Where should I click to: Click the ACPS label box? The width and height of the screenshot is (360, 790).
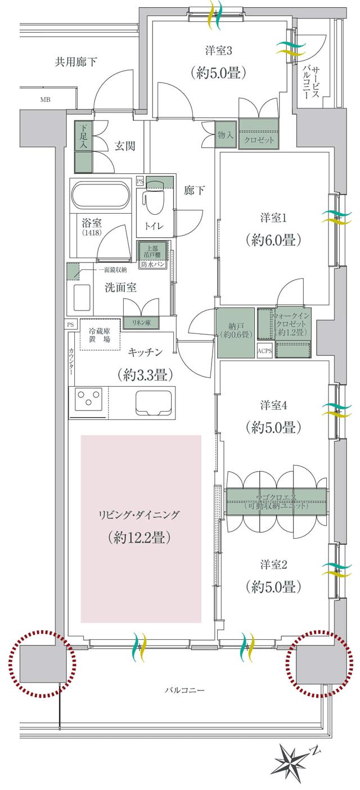[x=264, y=351]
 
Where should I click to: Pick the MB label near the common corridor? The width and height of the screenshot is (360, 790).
[x=44, y=101]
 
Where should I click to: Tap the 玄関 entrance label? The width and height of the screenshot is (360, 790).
[x=125, y=147]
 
